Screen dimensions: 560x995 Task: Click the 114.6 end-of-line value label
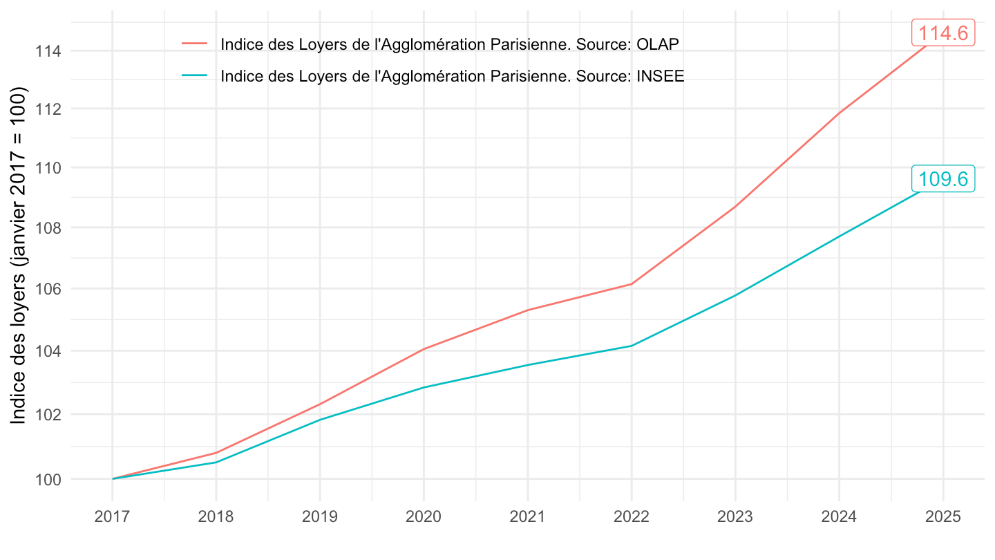coord(943,32)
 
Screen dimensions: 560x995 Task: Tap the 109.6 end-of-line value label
coord(943,179)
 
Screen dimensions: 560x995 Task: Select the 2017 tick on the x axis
coord(112,517)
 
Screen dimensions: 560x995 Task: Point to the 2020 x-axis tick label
coord(424,517)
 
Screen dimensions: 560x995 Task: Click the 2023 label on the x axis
coord(735,517)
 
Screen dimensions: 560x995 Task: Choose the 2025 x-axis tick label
coord(942,517)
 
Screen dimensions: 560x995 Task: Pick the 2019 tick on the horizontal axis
coord(320,517)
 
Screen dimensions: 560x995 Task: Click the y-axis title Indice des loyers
coord(20,256)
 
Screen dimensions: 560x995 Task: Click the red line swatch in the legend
coord(194,44)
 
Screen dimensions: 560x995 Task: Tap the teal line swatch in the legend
coord(194,75)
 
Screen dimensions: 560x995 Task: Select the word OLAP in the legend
coord(658,44)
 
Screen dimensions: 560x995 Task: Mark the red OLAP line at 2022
coord(632,283)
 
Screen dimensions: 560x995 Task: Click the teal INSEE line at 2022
coord(632,346)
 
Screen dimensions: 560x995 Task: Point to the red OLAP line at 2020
coord(424,348)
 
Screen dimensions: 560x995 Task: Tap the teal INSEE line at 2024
coord(839,236)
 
